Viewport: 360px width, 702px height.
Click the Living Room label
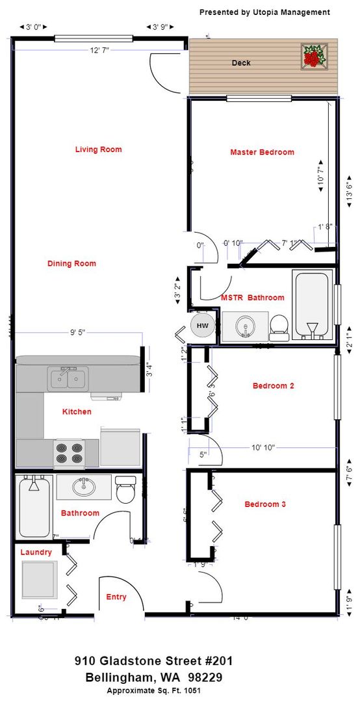tap(98, 149)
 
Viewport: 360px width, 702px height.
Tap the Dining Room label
tap(71, 263)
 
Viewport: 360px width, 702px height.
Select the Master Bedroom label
tap(262, 152)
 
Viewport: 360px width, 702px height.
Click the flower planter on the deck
tap(315, 56)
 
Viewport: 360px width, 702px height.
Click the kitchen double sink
tap(68, 377)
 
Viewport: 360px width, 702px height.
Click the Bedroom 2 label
tap(274, 385)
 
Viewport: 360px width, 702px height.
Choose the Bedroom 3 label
tap(265, 504)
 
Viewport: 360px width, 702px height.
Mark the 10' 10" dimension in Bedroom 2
tap(263, 447)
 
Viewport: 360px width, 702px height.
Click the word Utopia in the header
tap(264, 12)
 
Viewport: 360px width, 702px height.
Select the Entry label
tap(116, 597)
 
